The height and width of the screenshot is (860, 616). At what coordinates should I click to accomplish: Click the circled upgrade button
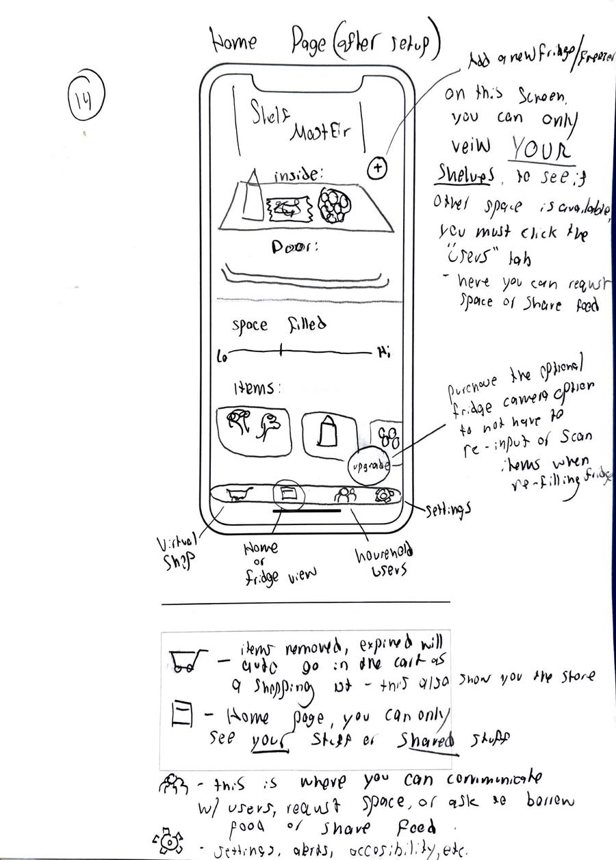click(370, 466)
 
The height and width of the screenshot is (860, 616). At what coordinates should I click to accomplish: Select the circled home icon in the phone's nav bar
click(287, 493)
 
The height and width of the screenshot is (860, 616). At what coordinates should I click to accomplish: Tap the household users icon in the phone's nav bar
click(344, 496)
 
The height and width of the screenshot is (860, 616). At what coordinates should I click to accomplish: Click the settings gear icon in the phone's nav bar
click(384, 495)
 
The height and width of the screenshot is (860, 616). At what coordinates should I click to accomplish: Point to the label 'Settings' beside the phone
click(448, 510)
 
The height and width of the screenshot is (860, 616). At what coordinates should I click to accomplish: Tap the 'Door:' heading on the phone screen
click(295, 247)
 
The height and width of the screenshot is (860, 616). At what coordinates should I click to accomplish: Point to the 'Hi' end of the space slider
click(383, 353)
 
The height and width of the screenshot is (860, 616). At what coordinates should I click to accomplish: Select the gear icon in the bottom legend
click(168, 842)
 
